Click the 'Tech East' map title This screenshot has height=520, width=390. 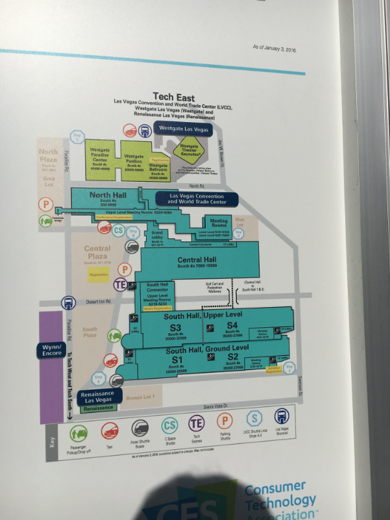[173, 97]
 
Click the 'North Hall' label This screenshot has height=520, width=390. [108, 195]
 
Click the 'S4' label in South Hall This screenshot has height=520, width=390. [232, 325]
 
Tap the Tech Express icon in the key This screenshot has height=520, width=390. [196, 423]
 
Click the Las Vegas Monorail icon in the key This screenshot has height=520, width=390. [284, 417]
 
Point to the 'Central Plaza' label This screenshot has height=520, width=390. [97, 252]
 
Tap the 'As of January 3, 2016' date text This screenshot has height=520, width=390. [273, 48]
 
